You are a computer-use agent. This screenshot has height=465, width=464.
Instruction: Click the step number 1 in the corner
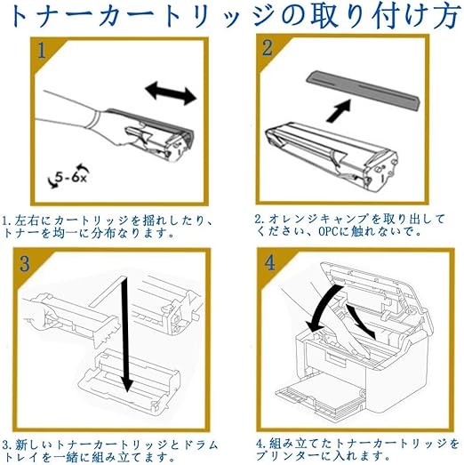click(42, 50)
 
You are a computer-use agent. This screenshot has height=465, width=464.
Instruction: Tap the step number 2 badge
click(268, 47)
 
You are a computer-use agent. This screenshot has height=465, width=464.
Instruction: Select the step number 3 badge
click(25, 263)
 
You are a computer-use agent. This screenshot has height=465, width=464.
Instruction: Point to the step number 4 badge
click(269, 262)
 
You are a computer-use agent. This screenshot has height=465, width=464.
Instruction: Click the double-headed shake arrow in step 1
click(171, 92)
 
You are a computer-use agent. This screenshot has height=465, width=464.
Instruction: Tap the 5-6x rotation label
click(69, 177)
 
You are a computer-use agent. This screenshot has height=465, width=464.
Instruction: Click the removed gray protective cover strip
click(364, 90)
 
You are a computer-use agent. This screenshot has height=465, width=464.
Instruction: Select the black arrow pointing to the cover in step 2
click(339, 110)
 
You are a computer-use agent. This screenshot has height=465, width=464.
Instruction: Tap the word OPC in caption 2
click(328, 231)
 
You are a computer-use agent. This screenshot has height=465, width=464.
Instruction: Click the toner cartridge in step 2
click(332, 154)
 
